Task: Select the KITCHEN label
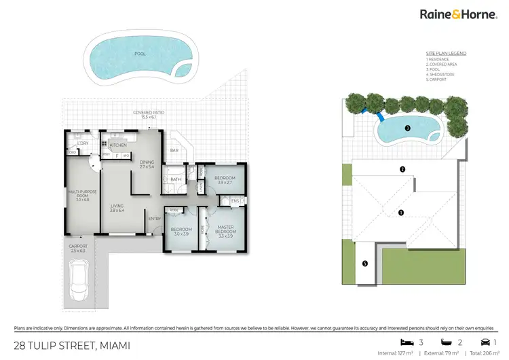point(118,145)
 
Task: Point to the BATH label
point(175,179)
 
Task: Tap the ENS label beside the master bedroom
point(235,200)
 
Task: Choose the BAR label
point(174,150)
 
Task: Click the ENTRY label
point(155,218)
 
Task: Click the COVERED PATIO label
point(149,114)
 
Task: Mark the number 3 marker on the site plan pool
point(407,128)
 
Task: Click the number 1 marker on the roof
point(401,213)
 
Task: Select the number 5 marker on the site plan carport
point(365,264)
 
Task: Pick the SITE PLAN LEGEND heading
point(446,53)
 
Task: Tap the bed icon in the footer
point(407,342)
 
